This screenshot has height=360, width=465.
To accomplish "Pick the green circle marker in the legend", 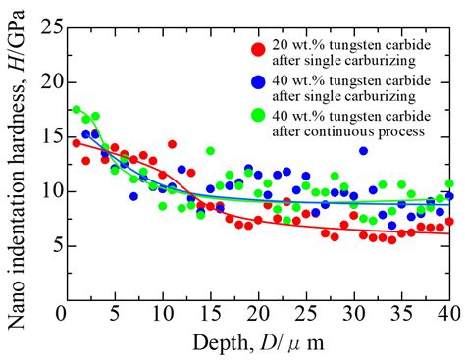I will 258,116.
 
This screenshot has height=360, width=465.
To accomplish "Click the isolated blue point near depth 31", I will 364,151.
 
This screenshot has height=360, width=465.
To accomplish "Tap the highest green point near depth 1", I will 76,110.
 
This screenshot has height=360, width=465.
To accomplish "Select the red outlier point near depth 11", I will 172,144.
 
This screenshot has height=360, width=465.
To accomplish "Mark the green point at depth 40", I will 449,183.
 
